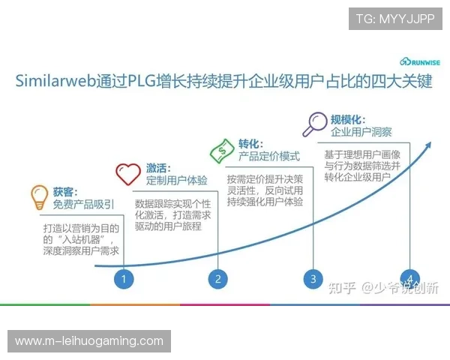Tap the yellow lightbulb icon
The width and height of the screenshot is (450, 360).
click(x=39, y=198)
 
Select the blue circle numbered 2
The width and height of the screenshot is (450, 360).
click(x=217, y=279)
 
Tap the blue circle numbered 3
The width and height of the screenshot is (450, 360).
click(x=313, y=279)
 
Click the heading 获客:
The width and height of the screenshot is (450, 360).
click(x=65, y=191)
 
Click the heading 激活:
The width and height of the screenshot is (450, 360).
click(x=158, y=167)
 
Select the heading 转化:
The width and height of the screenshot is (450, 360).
click(x=250, y=143)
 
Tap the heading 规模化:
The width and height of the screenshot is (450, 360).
click(x=347, y=118)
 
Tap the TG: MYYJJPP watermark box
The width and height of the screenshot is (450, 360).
click(x=395, y=19)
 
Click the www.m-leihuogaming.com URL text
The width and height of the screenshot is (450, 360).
click(x=89, y=341)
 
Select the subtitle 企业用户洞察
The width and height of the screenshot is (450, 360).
click(x=361, y=132)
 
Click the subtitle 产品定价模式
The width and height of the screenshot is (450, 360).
click(x=268, y=157)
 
